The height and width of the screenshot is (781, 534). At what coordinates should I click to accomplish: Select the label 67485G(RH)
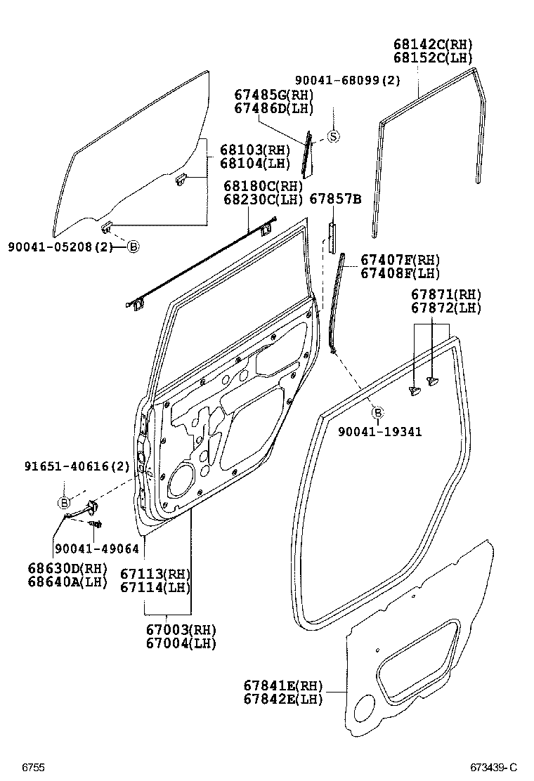273,96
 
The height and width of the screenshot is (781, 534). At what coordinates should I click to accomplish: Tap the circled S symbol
333,136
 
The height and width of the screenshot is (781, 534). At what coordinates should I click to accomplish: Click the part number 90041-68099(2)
347,80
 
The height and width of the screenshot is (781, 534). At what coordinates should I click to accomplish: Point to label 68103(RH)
245,150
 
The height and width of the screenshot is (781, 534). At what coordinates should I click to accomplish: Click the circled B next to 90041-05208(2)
133,247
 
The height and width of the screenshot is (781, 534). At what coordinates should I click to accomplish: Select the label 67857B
335,199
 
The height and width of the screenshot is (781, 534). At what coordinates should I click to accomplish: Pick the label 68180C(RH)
263,186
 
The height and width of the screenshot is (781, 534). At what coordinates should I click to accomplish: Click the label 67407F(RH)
400,259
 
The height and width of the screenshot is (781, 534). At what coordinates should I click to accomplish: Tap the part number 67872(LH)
446,308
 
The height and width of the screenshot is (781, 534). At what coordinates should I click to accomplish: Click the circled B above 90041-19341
377,412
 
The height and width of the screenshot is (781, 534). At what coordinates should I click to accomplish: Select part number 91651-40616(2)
77,466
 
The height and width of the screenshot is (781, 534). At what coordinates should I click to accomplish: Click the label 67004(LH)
181,643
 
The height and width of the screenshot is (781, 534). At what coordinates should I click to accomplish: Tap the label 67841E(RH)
282,685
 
